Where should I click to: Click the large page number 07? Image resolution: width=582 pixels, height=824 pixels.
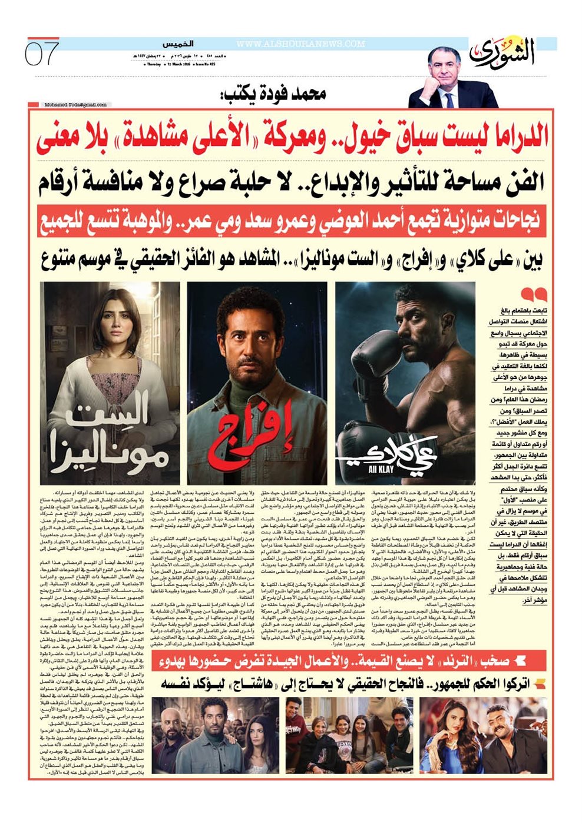coord(42,55)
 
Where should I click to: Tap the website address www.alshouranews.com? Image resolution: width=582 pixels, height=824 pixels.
coord(300,44)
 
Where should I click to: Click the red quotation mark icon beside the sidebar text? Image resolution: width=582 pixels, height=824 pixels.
coord(533,293)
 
